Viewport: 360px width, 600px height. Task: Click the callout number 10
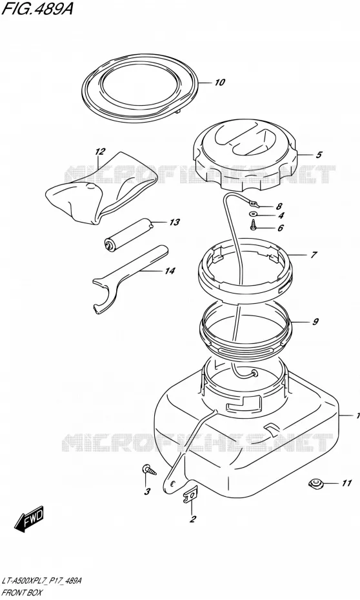[219, 83]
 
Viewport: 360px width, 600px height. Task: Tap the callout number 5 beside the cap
[319, 155]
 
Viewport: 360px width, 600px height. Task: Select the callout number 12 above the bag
[99, 152]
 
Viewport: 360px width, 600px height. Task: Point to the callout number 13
[174, 223]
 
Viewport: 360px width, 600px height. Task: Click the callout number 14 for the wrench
[170, 271]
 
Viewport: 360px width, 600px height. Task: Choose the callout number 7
[314, 254]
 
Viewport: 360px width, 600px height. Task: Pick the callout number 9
[315, 322]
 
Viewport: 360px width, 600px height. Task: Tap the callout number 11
[346, 484]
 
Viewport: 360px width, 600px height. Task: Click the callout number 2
[193, 519]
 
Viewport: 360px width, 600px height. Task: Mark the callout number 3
[147, 492]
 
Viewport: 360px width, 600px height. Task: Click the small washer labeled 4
[254, 214]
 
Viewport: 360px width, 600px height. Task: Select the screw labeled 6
[254, 226]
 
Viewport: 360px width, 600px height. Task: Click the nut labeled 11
[315, 484]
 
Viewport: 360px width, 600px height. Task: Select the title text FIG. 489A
[37, 8]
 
